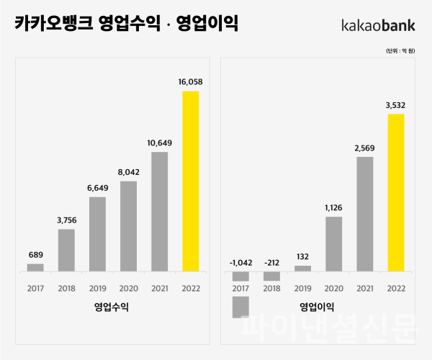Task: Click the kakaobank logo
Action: pos(378,25)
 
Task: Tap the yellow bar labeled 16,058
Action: pos(190,181)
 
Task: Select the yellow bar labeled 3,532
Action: pos(395,192)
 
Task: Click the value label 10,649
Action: pos(159,143)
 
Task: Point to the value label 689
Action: pos(35,254)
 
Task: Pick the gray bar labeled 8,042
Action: pos(128,226)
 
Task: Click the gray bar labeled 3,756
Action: pos(66,250)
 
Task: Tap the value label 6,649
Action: pos(97,187)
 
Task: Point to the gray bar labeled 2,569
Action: pos(364,214)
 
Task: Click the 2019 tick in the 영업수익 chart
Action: pos(97,289)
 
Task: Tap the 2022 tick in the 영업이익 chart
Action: pos(395,289)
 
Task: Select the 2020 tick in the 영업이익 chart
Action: pos(333,289)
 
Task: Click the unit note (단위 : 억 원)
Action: pos(401,52)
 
